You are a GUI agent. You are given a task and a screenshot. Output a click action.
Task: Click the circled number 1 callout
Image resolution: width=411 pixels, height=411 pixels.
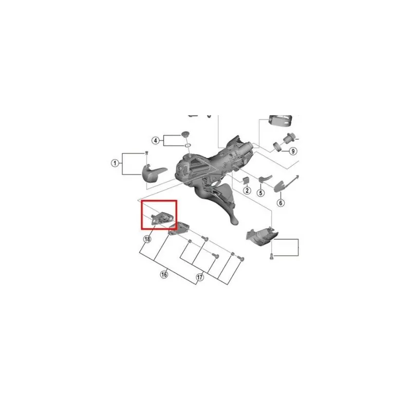pyautogui.click(x=115, y=163)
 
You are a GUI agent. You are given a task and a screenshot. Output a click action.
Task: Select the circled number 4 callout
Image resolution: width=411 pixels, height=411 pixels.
pyautogui.click(x=156, y=141)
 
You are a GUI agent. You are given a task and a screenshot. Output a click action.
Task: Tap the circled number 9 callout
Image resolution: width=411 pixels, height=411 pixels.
pyautogui.click(x=293, y=151)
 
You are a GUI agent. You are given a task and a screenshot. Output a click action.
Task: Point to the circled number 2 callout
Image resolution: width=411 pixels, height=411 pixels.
pyautogui.click(x=247, y=190)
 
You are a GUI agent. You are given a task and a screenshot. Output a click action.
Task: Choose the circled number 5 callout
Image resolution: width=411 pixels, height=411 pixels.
pyautogui.click(x=260, y=193)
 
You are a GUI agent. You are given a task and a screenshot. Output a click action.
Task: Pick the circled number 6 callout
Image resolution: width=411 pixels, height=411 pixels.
pyautogui.click(x=281, y=202)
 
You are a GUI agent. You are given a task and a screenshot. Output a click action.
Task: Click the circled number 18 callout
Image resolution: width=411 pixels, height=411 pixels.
pyautogui.click(x=147, y=239)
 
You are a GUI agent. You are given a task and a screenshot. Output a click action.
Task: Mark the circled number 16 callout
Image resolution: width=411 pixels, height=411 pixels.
pyautogui.click(x=164, y=274)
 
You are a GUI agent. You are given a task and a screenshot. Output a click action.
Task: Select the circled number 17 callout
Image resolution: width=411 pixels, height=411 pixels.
pyautogui.click(x=200, y=277)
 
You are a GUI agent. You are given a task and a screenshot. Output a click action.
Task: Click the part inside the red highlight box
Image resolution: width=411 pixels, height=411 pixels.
pyautogui.click(x=161, y=218)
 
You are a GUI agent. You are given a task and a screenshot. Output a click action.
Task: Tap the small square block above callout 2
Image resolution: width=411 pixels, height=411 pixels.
pyautogui.click(x=246, y=180)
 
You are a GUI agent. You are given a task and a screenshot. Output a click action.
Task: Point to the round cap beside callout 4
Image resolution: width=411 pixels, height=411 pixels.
pyautogui.click(x=185, y=134)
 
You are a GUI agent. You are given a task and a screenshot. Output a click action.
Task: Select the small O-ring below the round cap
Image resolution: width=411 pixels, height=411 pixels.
pyautogui.click(x=188, y=145)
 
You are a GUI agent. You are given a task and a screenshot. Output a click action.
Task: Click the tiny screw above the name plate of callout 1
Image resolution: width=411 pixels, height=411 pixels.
pyautogui.click(x=147, y=153)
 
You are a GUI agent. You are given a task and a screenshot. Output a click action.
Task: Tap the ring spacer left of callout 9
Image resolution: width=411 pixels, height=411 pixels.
pyautogui.click(x=277, y=146)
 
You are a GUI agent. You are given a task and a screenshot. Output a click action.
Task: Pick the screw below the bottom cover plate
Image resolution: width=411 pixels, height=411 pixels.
pyautogui.click(x=271, y=256)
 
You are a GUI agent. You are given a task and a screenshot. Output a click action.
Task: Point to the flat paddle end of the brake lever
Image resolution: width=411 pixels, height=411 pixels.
pyautogui.click(x=234, y=220)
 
